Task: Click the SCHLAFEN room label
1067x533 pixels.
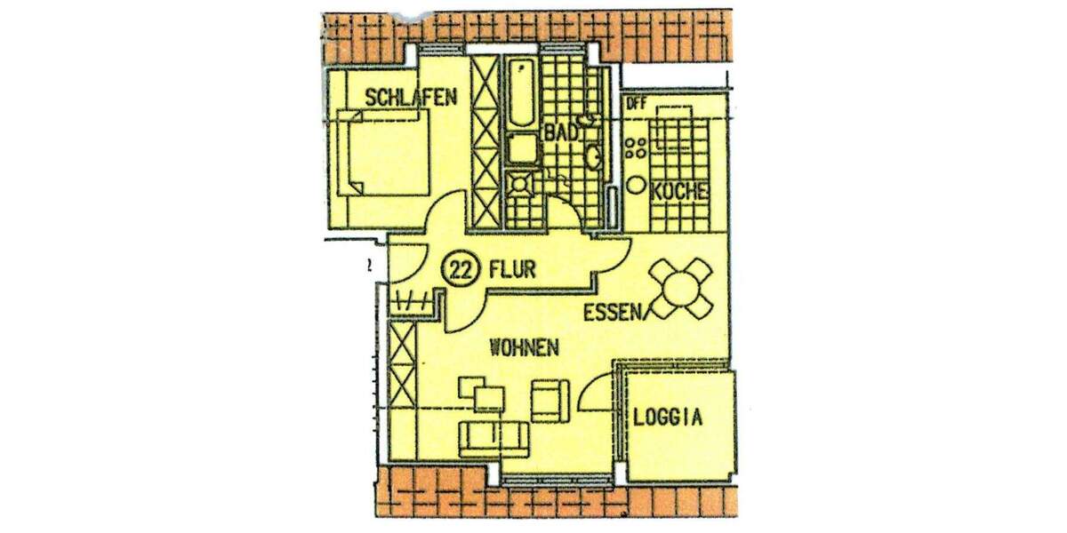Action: (410, 96)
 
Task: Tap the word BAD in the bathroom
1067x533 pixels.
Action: (562, 131)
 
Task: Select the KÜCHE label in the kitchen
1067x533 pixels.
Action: (679, 191)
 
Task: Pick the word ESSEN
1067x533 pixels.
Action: (614, 312)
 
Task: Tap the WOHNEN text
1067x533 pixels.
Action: (525, 347)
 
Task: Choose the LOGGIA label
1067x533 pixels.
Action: (668, 417)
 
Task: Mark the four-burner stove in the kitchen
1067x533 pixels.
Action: (637, 147)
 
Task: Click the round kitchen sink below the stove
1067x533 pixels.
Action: (637, 186)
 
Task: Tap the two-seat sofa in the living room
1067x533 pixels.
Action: (493, 434)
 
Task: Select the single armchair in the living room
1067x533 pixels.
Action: (548, 400)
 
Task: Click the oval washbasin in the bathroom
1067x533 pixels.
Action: (594, 158)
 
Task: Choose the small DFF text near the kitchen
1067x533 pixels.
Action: (636, 103)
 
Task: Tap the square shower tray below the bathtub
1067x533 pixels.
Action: (522, 186)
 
